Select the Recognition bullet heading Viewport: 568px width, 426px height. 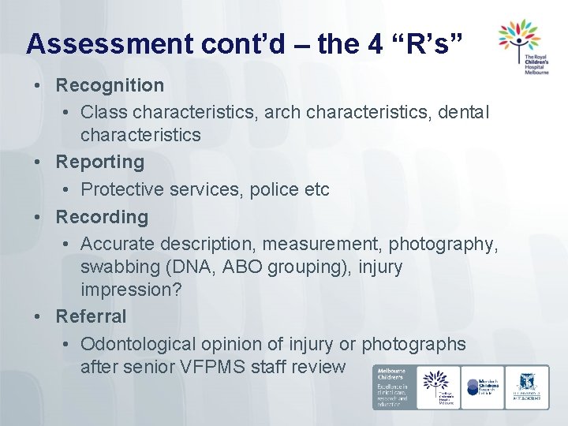(110, 84)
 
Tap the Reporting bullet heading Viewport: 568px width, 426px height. (99, 162)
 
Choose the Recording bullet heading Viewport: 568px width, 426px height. (101, 216)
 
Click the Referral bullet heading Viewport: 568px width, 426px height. (91, 316)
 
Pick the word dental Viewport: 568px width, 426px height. (464, 113)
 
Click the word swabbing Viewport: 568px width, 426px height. (118, 267)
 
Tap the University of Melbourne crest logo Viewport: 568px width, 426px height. (527, 387)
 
